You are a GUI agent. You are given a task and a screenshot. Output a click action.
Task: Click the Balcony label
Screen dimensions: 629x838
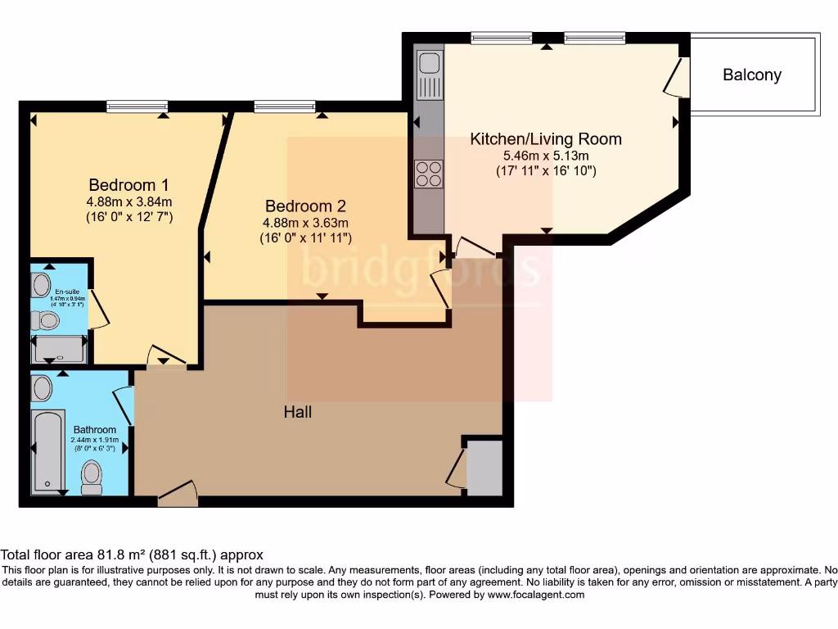click(751, 75)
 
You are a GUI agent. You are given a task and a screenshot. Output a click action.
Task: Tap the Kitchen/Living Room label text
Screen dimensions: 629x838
click(545, 139)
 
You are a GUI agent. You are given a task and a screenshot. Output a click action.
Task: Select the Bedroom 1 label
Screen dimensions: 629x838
click(129, 184)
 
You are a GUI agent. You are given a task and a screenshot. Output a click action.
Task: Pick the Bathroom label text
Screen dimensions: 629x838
click(95, 430)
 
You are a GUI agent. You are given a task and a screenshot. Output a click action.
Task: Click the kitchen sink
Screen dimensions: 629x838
click(429, 64)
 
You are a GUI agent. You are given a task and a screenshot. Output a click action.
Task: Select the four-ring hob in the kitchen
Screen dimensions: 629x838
click(429, 174)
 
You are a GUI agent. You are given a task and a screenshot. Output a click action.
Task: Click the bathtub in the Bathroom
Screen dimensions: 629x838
click(48, 451)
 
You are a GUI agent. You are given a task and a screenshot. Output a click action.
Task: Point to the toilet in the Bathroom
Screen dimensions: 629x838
click(92, 476)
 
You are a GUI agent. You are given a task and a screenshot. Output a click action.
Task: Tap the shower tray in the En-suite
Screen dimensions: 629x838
click(58, 350)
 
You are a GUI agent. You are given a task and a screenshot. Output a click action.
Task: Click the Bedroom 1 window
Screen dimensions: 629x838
click(137, 106)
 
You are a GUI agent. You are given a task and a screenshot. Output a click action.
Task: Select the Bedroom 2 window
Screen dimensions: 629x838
click(284, 106)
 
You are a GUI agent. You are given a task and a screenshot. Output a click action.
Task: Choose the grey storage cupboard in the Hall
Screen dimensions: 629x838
click(484, 468)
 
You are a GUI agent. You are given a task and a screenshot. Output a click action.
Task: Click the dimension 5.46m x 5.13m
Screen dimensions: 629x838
click(546, 156)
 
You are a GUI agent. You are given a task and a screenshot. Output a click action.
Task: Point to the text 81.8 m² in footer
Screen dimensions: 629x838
click(124, 554)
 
